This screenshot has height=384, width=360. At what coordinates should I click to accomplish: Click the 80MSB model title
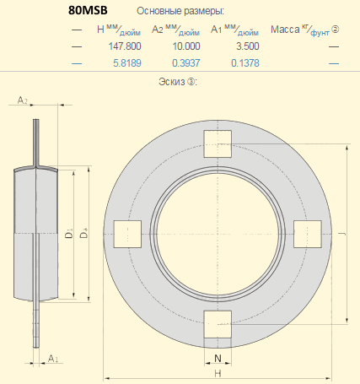click(x=88, y=10)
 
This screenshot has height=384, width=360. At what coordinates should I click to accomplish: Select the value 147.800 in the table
click(x=125, y=46)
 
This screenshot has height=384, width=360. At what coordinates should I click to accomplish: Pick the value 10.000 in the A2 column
click(x=186, y=46)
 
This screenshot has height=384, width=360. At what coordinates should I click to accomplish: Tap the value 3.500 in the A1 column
click(x=248, y=46)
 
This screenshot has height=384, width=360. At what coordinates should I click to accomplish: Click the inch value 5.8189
click(x=127, y=63)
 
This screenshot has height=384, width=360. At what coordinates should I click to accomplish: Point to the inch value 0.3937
click(x=186, y=63)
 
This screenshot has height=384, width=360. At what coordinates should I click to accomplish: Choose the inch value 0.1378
click(x=245, y=63)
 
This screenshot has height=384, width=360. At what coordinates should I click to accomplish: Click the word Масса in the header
click(x=285, y=30)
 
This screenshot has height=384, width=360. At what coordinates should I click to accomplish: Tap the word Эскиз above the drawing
click(x=172, y=82)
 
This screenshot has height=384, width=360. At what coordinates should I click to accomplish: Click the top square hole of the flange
click(x=218, y=143)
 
